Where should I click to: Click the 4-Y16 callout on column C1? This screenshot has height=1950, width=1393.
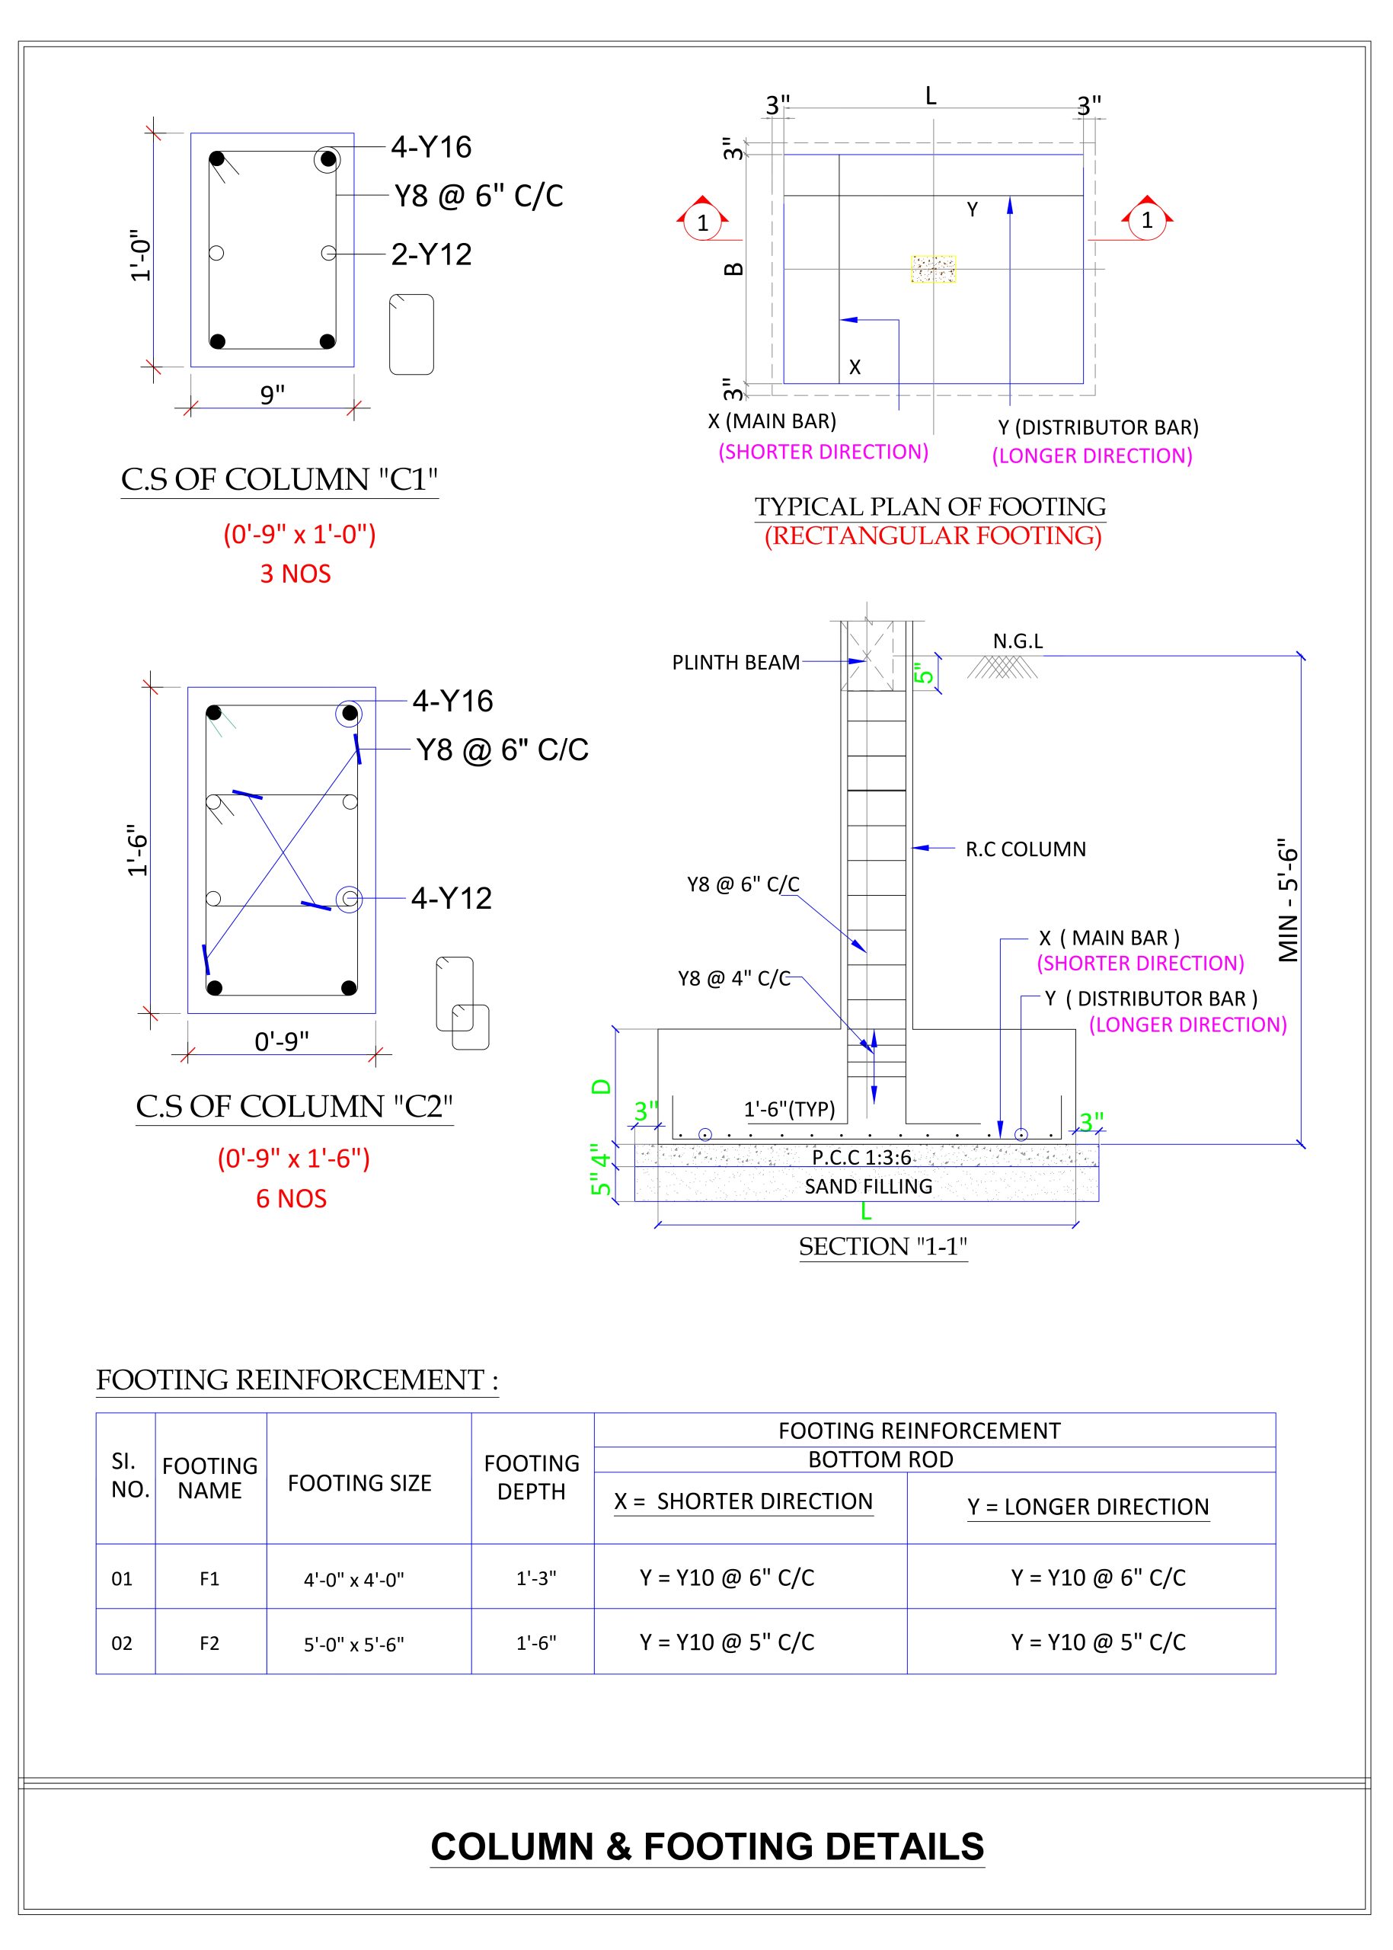click(x=430, y=148)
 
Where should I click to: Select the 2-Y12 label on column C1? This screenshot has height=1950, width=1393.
click(x=431, y=255)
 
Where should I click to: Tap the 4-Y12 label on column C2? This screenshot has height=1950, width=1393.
click(x=451, y=898)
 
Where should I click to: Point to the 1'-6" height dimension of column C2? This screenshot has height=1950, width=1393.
click(x=138, y=850)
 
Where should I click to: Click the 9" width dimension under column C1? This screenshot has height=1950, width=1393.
click(x=272, y=395)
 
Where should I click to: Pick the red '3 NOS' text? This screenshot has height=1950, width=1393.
click(x=295, y=574)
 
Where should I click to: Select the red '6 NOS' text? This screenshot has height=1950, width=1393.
click(x=291, y=1198)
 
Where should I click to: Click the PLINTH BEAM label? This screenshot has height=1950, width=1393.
click(x=735, y=662)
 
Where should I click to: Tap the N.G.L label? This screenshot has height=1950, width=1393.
click(x=1018, y=641)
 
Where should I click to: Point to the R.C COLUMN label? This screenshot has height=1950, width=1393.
click(x=1025, y=849)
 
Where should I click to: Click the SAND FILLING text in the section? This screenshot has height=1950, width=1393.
click(x=868, y=1187)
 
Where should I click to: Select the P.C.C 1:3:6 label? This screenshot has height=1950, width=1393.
click(x=861, y=1157)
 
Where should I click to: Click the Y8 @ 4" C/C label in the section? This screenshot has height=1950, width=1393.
click(x=733, y=979)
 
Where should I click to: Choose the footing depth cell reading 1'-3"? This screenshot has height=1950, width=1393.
click(x=536, y=1578)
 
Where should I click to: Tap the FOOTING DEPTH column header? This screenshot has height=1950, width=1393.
click(x=532, y=1477)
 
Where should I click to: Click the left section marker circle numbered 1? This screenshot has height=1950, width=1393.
click(x=702, y=223)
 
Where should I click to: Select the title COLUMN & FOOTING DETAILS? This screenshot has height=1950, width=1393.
click(x=707, y=1847)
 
